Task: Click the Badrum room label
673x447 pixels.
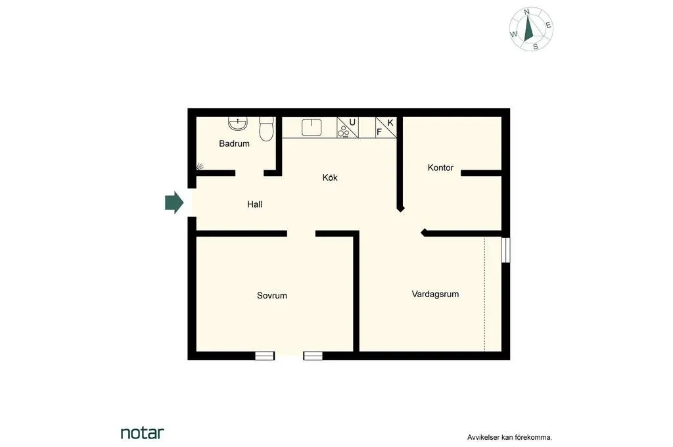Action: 234,143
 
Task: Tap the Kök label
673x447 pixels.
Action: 330,177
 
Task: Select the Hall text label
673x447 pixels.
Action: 254,204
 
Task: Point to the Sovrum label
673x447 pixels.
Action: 271,296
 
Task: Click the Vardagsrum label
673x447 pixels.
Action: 435,294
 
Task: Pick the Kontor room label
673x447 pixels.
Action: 440,168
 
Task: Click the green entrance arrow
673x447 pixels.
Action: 174,202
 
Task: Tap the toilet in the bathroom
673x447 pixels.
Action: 266,130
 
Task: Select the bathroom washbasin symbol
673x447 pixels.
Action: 237,123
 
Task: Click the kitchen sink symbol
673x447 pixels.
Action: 311,126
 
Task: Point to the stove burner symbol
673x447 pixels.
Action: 344,132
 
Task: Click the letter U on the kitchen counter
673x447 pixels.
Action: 352,122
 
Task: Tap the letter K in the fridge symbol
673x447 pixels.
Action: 390,122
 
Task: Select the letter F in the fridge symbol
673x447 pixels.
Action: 379,131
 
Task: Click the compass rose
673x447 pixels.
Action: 531,29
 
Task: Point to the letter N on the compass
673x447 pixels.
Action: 527,12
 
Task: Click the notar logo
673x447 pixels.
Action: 142,433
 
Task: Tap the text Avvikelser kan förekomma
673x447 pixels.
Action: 509,436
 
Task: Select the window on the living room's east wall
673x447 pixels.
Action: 505,250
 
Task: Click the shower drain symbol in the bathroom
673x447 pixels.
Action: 200,167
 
